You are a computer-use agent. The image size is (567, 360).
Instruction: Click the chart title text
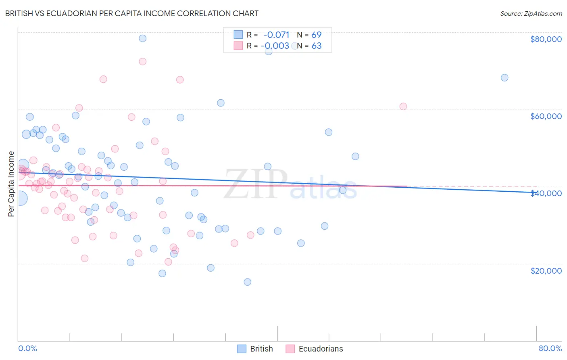click(x=131, y=13)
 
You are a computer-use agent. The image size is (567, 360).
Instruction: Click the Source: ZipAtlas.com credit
click(x=531, y=13)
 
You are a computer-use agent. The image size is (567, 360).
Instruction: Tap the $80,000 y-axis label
click(x=546, y=39)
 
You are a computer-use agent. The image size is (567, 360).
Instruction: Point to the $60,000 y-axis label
click(x=546, y=116)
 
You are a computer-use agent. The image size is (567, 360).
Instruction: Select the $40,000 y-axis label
click(x=546, y=193)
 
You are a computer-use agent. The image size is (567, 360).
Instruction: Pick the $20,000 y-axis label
click(x=546, y=271)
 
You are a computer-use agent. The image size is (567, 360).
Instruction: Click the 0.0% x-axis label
click(x=27, y=348)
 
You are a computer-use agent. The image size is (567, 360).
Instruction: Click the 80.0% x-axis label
click(x=550, y=348)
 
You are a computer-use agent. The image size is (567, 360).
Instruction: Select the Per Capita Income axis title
click(x=11, y=184)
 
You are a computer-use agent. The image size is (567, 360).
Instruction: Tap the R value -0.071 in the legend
click(x=276, y=35)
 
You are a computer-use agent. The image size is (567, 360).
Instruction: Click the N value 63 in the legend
click(x=317, y=46)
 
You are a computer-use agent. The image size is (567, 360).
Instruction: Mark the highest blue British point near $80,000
click(x=142, y=38)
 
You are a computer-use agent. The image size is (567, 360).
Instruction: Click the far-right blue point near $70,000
click(x=504, y=77)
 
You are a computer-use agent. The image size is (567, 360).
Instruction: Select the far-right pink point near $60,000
click(x=403, y=107)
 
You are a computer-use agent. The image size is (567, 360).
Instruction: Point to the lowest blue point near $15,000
click(x=248, y=282)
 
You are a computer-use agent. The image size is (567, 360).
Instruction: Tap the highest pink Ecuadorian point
click(x=142, y=62)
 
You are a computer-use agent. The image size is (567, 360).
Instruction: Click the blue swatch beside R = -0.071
click(x=238, y=35)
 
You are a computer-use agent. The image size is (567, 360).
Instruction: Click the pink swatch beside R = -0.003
click(x=238, y=46)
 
